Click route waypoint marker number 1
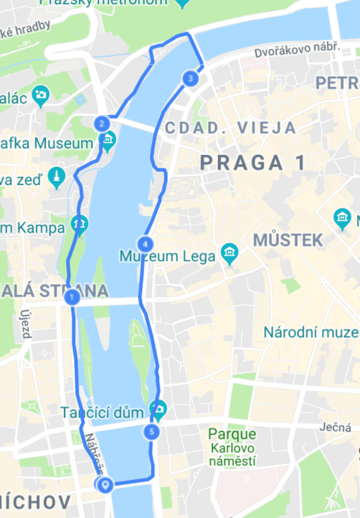point(71,298)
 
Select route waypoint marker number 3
point(190,79)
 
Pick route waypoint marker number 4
point(145,245)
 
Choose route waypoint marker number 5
point(152,432)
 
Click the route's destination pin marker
point(106,484)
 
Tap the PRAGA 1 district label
point(252,163)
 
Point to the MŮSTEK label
point(287,240)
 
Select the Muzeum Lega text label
point(167,257)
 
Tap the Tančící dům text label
point(104,411)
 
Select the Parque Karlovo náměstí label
point(232,448)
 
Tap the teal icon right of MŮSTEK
point(342,217)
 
